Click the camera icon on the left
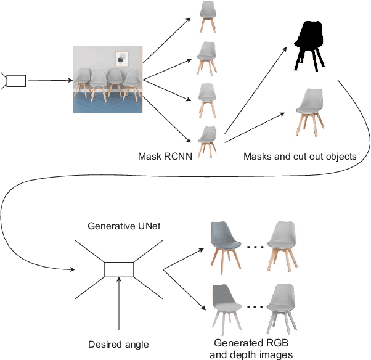14,80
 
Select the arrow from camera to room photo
49,80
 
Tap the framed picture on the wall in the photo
121,59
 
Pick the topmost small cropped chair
208,17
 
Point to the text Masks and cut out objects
300,157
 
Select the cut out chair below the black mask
309,112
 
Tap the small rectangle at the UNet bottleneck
119,269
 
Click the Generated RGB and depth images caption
251,348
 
